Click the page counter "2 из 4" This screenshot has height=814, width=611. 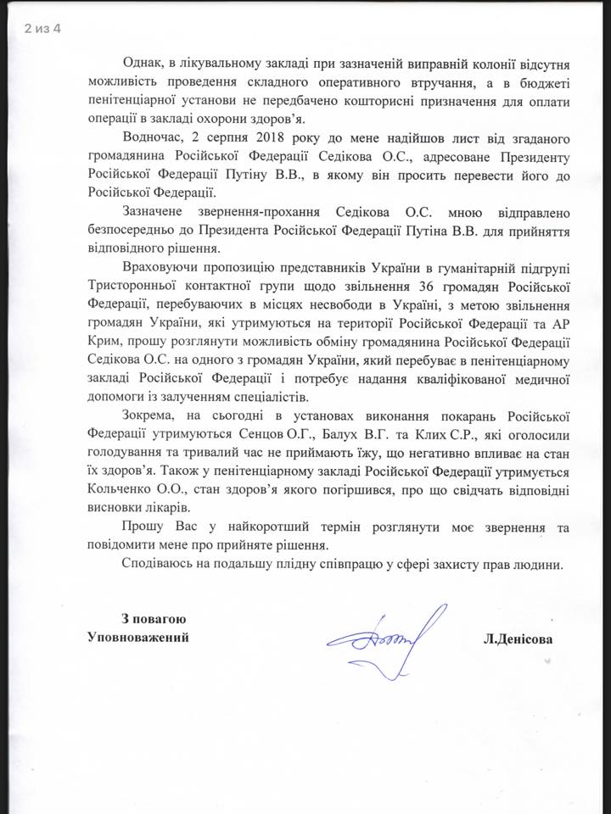(x=43, y=31)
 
